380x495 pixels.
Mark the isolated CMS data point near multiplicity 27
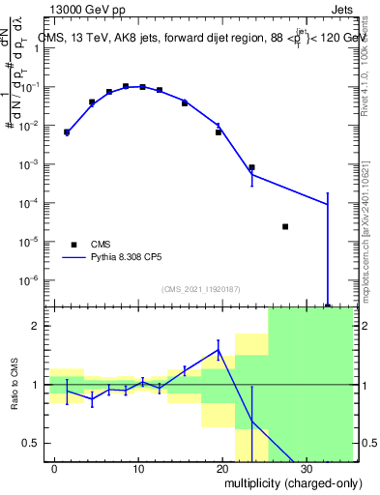(285, 226)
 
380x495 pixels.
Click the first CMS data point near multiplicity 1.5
(67, 132)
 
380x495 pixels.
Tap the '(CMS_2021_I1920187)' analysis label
(199, 289)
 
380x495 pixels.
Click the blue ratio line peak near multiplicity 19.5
(219, 349)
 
